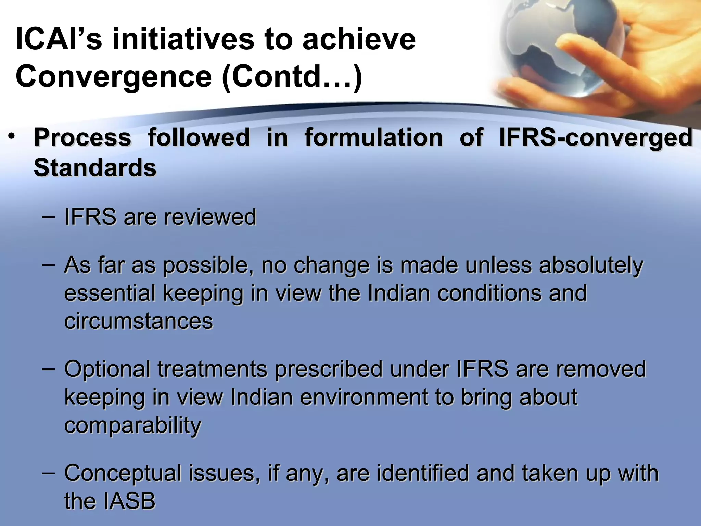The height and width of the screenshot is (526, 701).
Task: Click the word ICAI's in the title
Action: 59,39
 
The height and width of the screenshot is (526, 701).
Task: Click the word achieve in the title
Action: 359,39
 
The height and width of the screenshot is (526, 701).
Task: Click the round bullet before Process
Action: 12,137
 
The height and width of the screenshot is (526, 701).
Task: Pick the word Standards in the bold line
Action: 95,168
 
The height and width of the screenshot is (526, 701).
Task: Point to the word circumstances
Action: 139,322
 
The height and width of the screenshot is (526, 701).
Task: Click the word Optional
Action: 107,370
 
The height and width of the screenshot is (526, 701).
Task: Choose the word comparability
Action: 133,426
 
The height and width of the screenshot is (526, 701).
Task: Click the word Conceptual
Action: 123,474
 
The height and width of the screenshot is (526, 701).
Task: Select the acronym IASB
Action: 129,501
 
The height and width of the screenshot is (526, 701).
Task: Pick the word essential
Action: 110,293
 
